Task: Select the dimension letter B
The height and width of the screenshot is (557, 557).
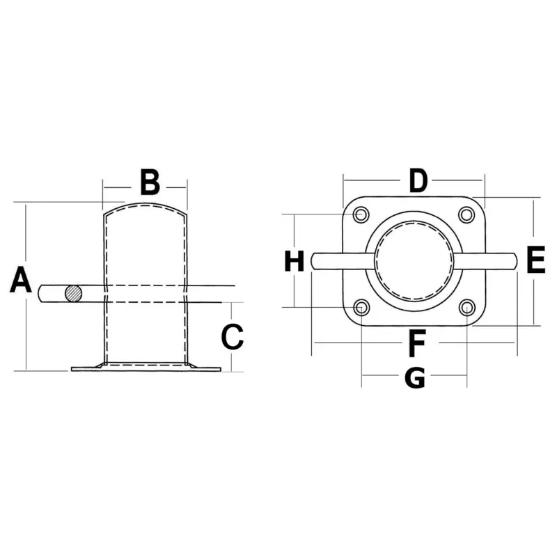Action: [x=150, y=182]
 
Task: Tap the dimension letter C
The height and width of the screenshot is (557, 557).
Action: [x=233, y=336]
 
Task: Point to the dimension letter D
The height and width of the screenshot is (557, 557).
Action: [x=418, y=180]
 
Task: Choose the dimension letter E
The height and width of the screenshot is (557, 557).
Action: [x=535, y=260]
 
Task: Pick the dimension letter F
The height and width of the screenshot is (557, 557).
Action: [x=417, y=343]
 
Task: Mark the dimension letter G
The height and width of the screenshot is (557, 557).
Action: [x=415, y=377]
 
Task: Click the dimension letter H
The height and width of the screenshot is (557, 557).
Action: [x=294, y=260]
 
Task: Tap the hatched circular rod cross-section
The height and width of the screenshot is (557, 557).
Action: [x=74, y=294]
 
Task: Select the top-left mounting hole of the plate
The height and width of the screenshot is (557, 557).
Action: [x=361, y=215]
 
